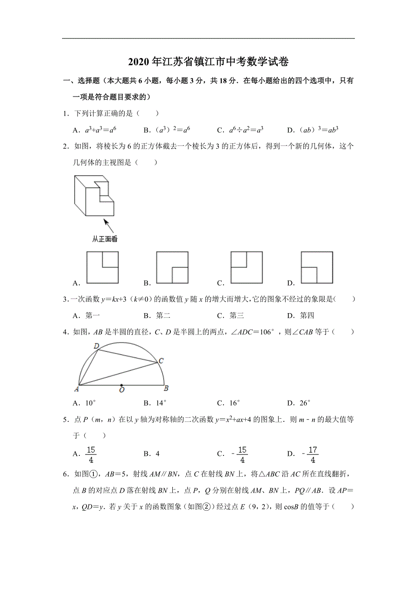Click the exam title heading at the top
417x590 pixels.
click(x=208, y=62)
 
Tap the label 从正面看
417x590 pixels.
click(x=105, y=239)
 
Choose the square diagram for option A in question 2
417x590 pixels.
click(x=102, y=267)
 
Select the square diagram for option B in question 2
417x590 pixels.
click(x=172, y=267)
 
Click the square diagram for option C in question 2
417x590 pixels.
click(x=247, y=267)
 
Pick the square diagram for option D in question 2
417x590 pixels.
click(x=317, y=267)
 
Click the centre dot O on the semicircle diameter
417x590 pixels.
click(x=121, y=386)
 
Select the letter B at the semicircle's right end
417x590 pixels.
click(x=166, y=388)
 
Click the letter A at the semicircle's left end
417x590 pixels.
click(x=76, y=388)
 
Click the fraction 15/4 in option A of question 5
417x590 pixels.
click(x=91, y=455)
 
